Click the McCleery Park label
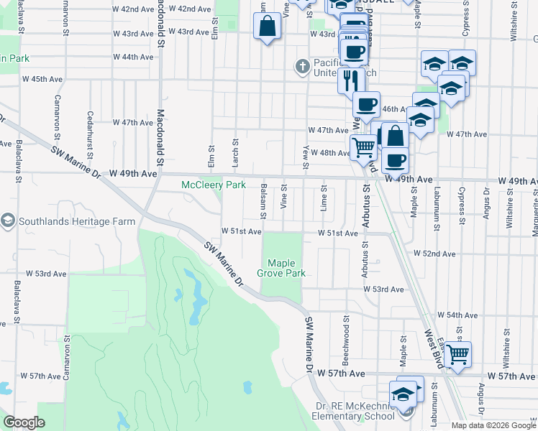pos(213,185)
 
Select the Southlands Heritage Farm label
pos(76,221)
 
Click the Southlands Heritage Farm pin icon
pos(8,219)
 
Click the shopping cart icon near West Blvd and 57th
pos(457,353)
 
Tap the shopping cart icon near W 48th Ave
pos(363,147)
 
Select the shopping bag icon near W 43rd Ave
pos(267,26)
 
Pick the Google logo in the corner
pos(24,422)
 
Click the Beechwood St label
pos(347,331)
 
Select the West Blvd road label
pos(433,349)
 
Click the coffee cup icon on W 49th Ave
pos(395,159)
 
